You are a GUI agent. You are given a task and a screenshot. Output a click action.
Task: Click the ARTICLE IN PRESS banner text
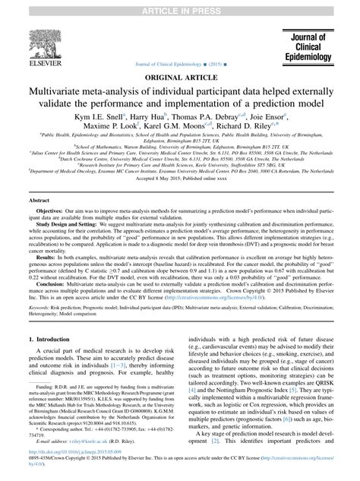click(x=180, y=5)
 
